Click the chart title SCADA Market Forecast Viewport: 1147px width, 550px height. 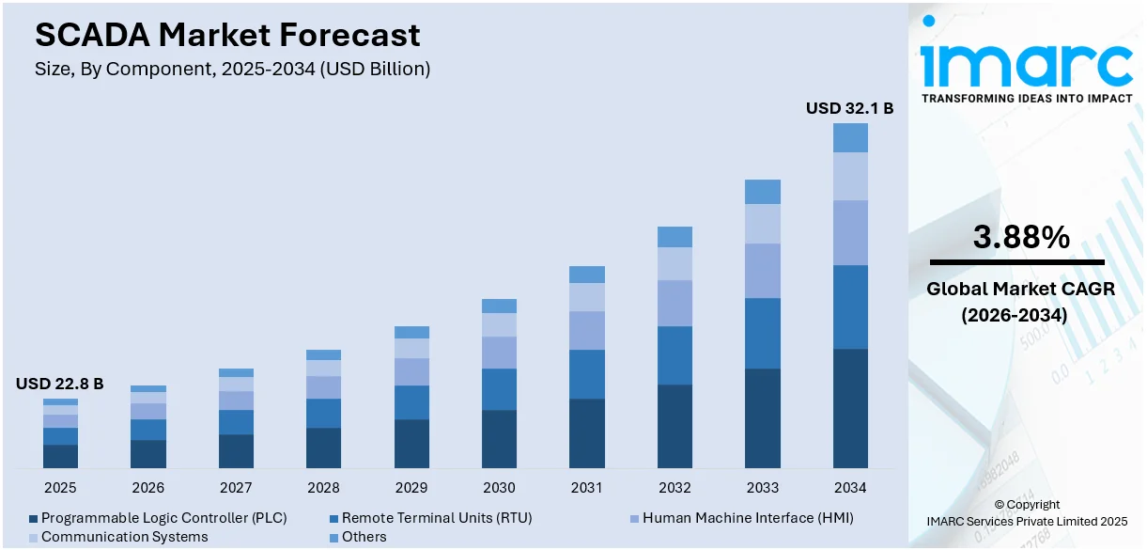(x=227, y=35)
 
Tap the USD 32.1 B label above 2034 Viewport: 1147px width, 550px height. (x=849, y=108)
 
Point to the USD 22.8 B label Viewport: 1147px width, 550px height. (x=59, y=384)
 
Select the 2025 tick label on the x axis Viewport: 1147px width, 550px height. (x=60, y=488)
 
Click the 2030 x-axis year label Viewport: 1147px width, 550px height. (x=499, y=488)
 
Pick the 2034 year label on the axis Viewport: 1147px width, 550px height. (x=850, y=488)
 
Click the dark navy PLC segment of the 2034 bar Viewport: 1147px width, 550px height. (x=850, y=408)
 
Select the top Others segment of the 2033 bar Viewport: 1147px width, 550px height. (x=763, y=192)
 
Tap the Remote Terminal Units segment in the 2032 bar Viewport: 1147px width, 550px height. (x=674, y=355)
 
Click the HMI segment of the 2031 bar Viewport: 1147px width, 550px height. (x=587, y=330)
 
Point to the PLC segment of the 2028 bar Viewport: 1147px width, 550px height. (x=323, y=448)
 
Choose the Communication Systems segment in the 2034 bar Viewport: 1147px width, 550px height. (x=850, y=176)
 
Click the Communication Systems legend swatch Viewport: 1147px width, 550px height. (x=33, y=538)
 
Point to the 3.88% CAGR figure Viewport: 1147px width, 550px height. (x=1020, y=238)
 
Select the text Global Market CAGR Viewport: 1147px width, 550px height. (x=1020, y=290)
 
